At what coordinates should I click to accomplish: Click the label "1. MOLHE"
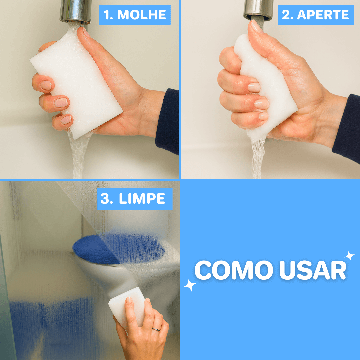135,15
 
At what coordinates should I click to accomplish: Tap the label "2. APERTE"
316,15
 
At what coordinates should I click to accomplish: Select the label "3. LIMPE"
134,199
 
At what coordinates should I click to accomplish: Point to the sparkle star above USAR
349,256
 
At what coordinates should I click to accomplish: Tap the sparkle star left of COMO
190,285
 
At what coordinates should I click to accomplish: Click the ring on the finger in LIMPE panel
156,329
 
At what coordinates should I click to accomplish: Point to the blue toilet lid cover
117,248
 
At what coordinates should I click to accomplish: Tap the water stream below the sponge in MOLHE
79,157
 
